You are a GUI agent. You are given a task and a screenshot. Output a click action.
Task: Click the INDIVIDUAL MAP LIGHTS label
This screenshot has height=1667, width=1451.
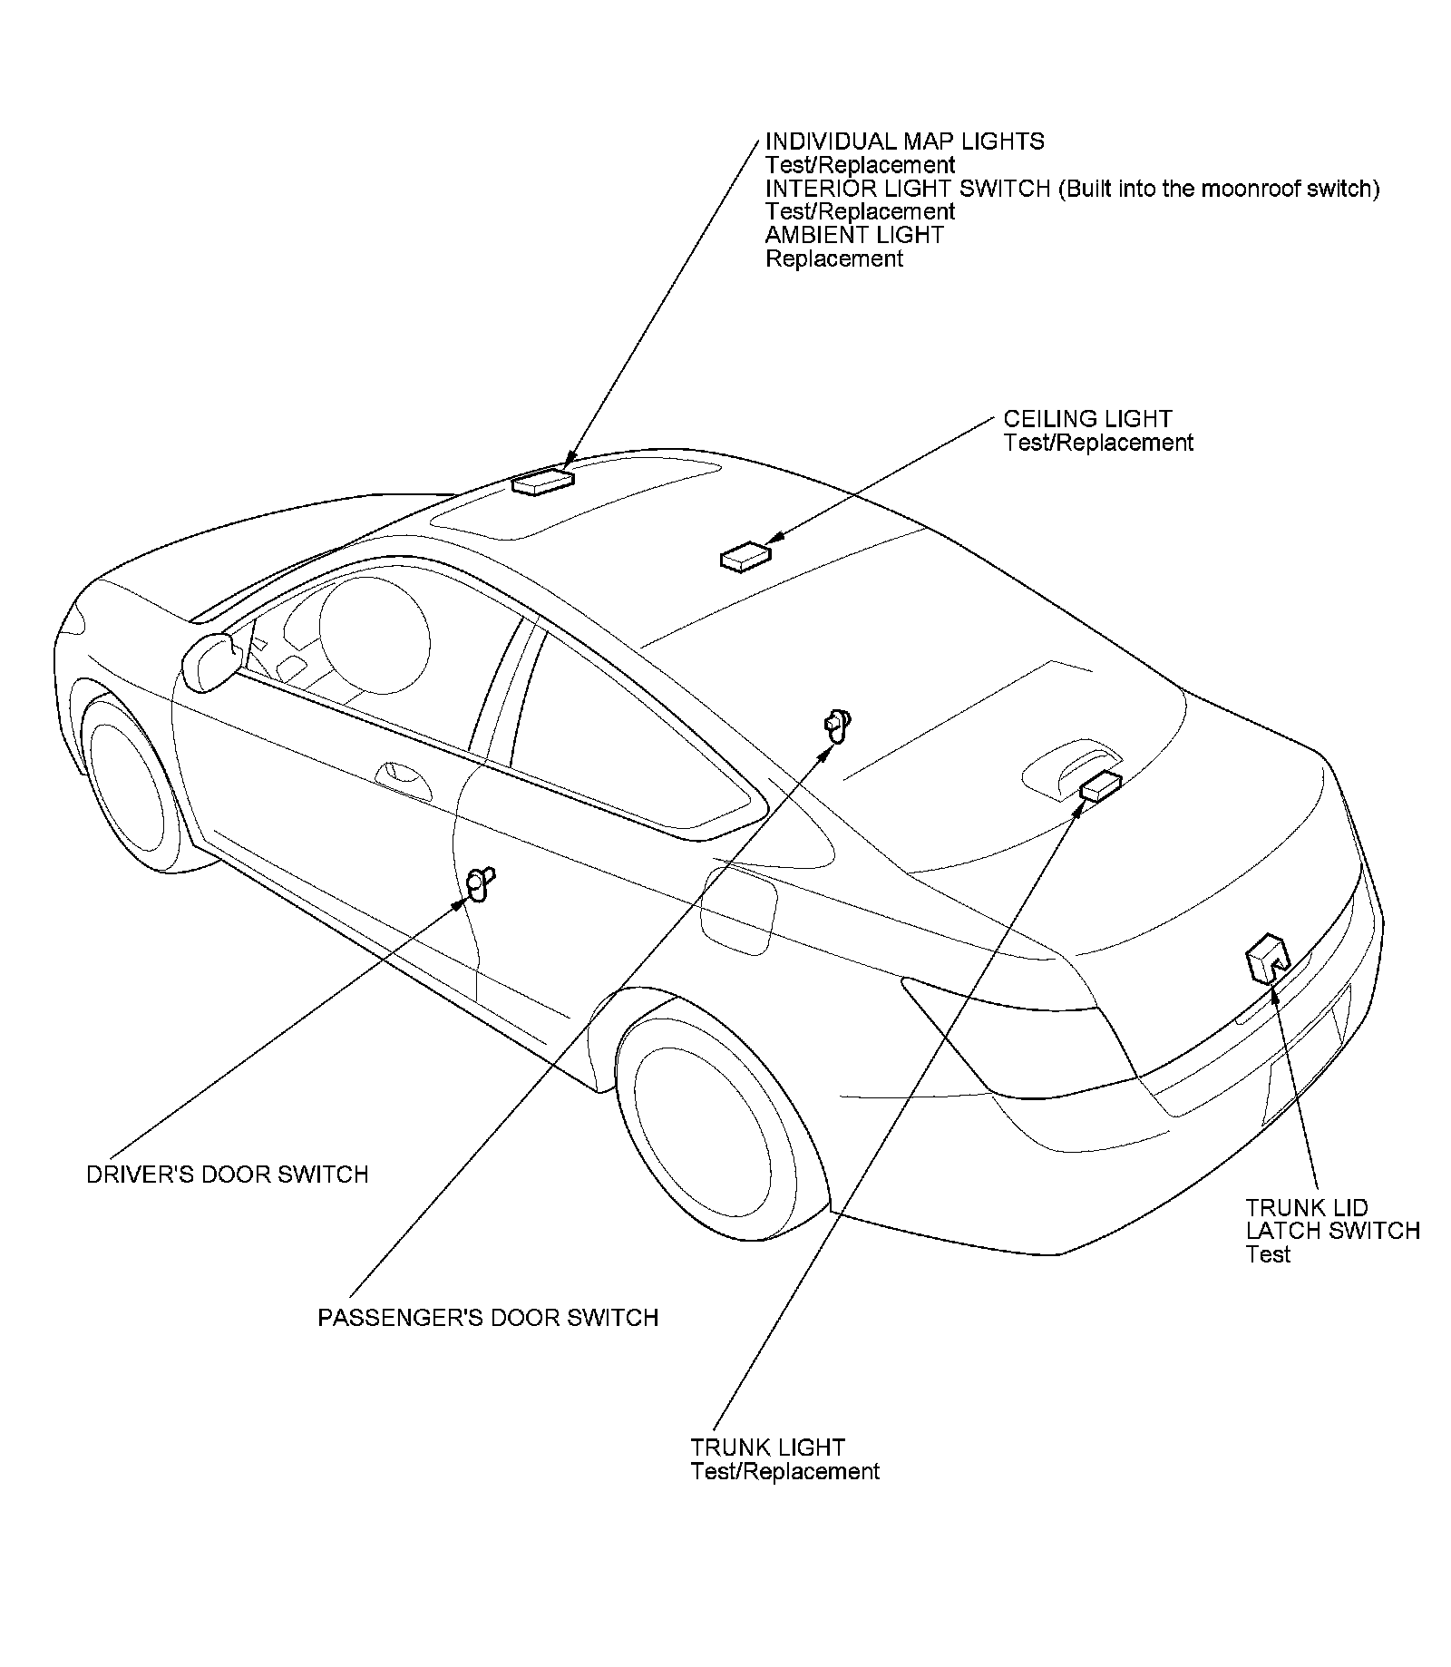tap(904, 141)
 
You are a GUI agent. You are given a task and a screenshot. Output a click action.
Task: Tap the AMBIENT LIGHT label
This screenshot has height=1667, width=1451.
tap(854, 235)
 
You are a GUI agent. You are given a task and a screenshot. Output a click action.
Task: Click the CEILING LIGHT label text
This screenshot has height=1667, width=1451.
tap(1087, 419)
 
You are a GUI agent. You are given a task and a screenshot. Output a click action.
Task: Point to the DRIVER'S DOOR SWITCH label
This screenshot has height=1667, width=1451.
tap(228, 1175)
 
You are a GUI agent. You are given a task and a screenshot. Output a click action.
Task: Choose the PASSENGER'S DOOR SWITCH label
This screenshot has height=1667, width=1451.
tap(488, 1318)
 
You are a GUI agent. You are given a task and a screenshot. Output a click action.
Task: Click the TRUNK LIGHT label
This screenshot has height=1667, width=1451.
tap(767, 1448)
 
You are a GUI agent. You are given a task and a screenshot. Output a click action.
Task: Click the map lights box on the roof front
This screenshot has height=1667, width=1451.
tap(541, 482)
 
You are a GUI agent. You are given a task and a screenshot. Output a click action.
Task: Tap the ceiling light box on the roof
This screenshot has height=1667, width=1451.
tap(745, 556)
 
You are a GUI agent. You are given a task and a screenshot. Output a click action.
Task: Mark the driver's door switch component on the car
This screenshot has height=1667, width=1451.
tap(479, 882)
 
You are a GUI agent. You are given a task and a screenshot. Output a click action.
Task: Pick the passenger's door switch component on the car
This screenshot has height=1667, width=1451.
tap(836, 725)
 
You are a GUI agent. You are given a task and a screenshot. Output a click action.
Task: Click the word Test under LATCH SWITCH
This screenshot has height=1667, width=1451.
tap(1267, 1255)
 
